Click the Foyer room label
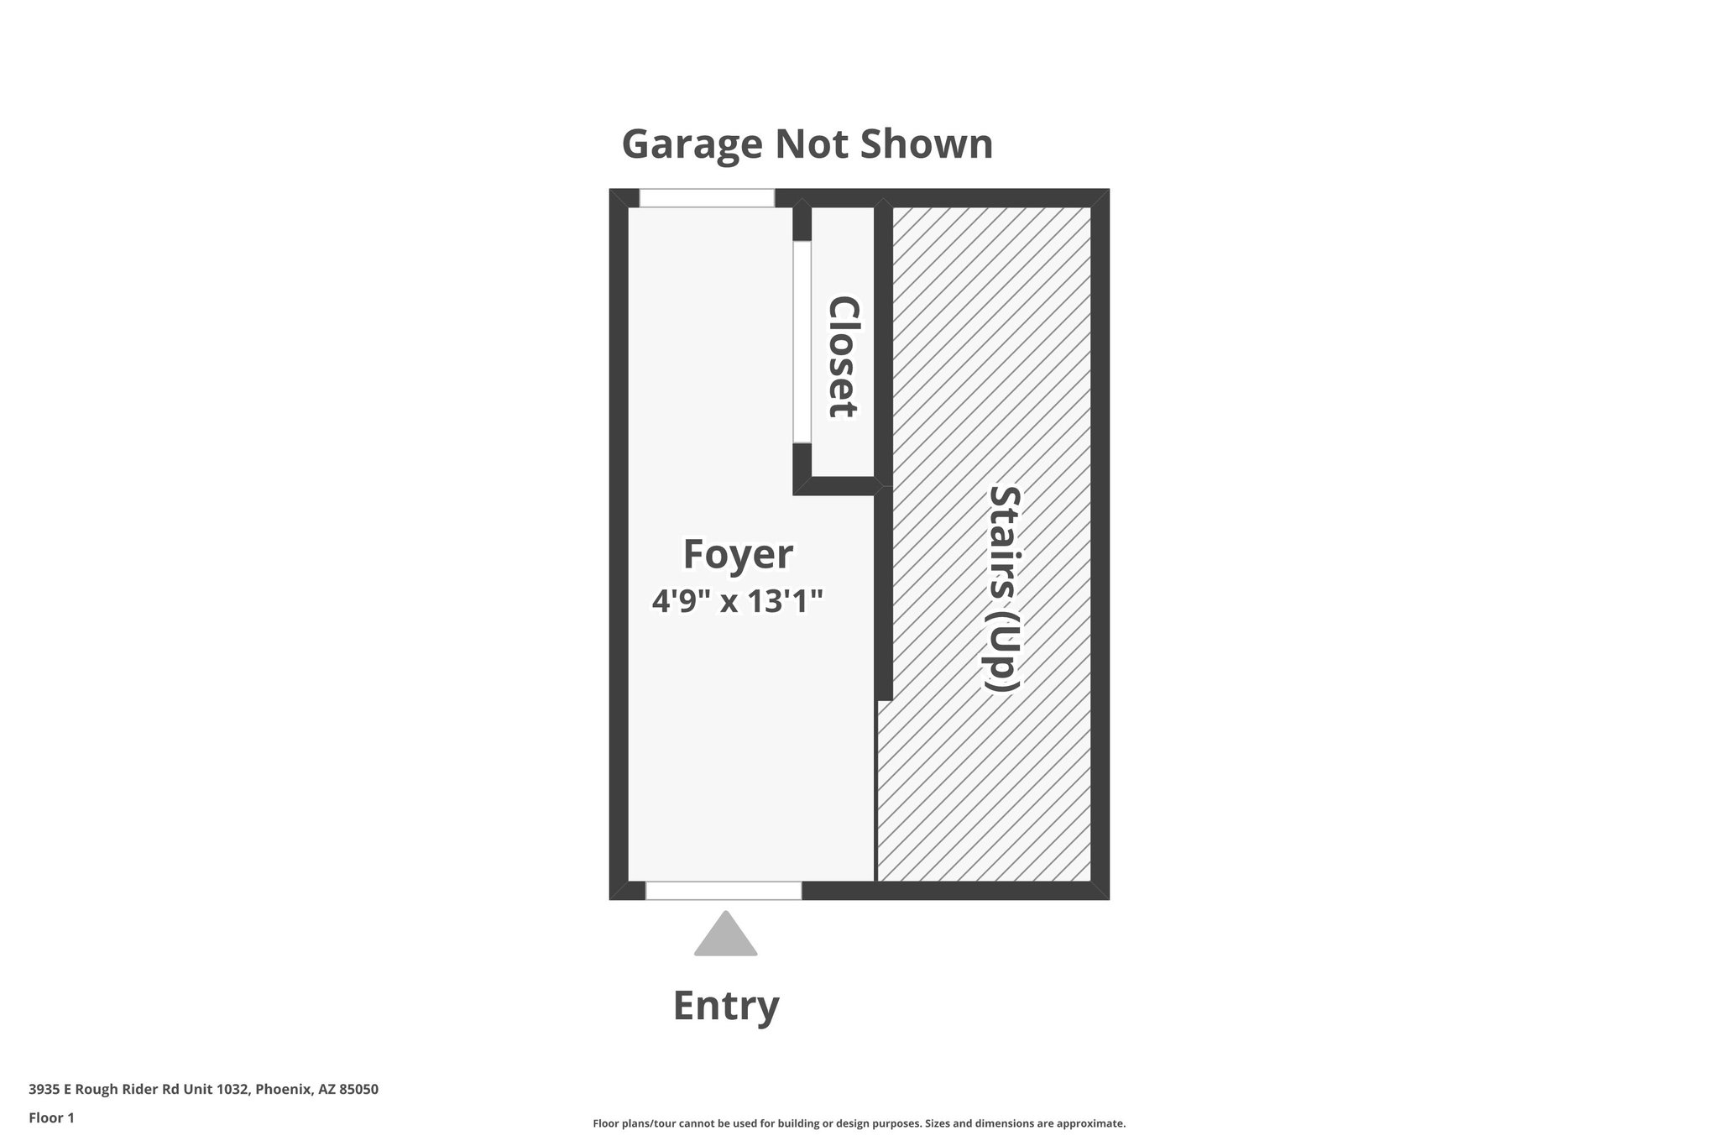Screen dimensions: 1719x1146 [x=738, y=555]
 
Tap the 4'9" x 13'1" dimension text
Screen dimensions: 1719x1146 [x=738, y=601]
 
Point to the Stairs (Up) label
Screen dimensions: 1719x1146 [x=1003, y=589]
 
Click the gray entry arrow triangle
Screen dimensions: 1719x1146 [x=725, y=934]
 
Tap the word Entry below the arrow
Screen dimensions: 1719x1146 [x=726, y=1006]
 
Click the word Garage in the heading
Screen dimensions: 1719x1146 [x=692, y=145]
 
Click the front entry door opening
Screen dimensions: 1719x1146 [x=724, y=891]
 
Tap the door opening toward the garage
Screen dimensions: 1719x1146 [x=707, y=198]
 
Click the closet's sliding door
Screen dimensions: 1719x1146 [x=802, y=342]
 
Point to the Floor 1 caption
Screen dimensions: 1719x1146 [x=52, y=1118]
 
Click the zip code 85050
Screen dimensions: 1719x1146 [x=358, y=1090]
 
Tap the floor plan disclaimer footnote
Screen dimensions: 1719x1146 [x=859, y=1123]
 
